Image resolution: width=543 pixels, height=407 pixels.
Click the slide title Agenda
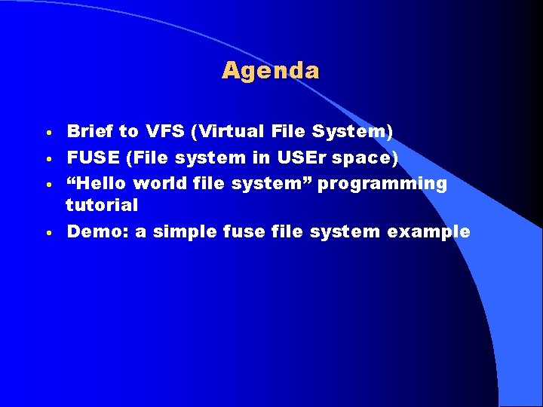(x=271, y=71)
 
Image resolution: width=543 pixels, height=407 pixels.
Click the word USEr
(x=310, y=158)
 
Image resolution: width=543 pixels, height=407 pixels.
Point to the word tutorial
(x=102, y=205)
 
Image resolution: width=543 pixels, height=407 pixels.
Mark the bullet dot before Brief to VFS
(x=48, y=133)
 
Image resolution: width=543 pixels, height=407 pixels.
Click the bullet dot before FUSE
(x=48, y=159)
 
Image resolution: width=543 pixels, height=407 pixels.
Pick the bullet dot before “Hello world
(x=48, y=185)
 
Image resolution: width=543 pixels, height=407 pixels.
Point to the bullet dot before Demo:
(x=48, y=233)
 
